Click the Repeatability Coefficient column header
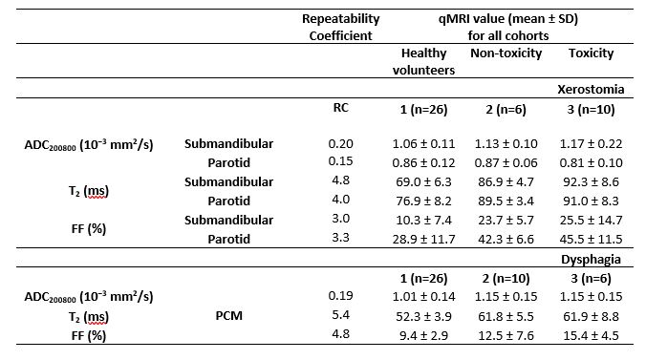pos(341,27)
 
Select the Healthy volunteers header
pos(423,61)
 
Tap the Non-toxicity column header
pos(506,53)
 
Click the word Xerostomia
pos(591,90)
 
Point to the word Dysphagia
pos(591,260)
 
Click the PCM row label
pos(229,316)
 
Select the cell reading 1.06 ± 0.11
pos(423,144)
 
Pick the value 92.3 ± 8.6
pos(591,182)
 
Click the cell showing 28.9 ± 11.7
pos(423,240)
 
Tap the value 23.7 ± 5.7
pos(506,221)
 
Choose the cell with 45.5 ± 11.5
pos(591,240)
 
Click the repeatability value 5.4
pos(341,315)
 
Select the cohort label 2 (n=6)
pos(506,110)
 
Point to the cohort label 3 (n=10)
pos(591,110)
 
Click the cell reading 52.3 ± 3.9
pos(423,316)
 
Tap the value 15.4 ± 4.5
pos(591,336)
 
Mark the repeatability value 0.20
pos(341,144)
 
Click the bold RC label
pos(341,108)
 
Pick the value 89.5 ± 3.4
pos(506,201)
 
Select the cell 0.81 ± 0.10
pos(591,162)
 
